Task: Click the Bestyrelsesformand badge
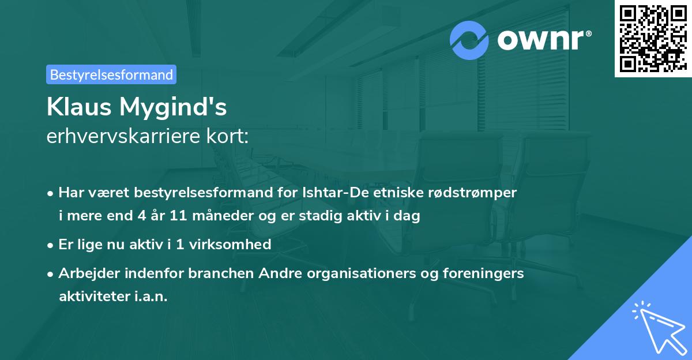111,74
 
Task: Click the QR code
653,38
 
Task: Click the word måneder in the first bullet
213,216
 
